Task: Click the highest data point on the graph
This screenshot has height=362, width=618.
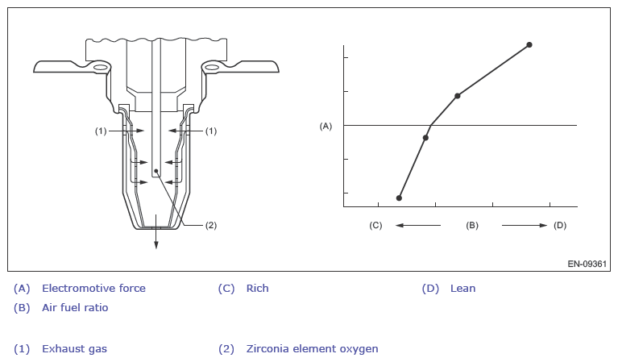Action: [529, 45]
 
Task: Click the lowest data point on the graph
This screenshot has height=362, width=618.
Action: [399, 198]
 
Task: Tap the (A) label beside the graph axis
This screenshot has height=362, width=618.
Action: [326, 127]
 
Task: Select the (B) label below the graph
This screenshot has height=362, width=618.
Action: [472, 226]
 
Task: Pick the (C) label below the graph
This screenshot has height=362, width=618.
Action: [375, 226]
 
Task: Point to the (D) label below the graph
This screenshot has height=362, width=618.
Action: [560, 226]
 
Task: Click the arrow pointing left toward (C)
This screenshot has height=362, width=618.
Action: [418, 226]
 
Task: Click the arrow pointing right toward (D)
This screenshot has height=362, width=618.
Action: [525, 226]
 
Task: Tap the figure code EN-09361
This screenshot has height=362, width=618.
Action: [587, 264]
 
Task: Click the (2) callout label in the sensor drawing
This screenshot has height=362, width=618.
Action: [211, 226]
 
